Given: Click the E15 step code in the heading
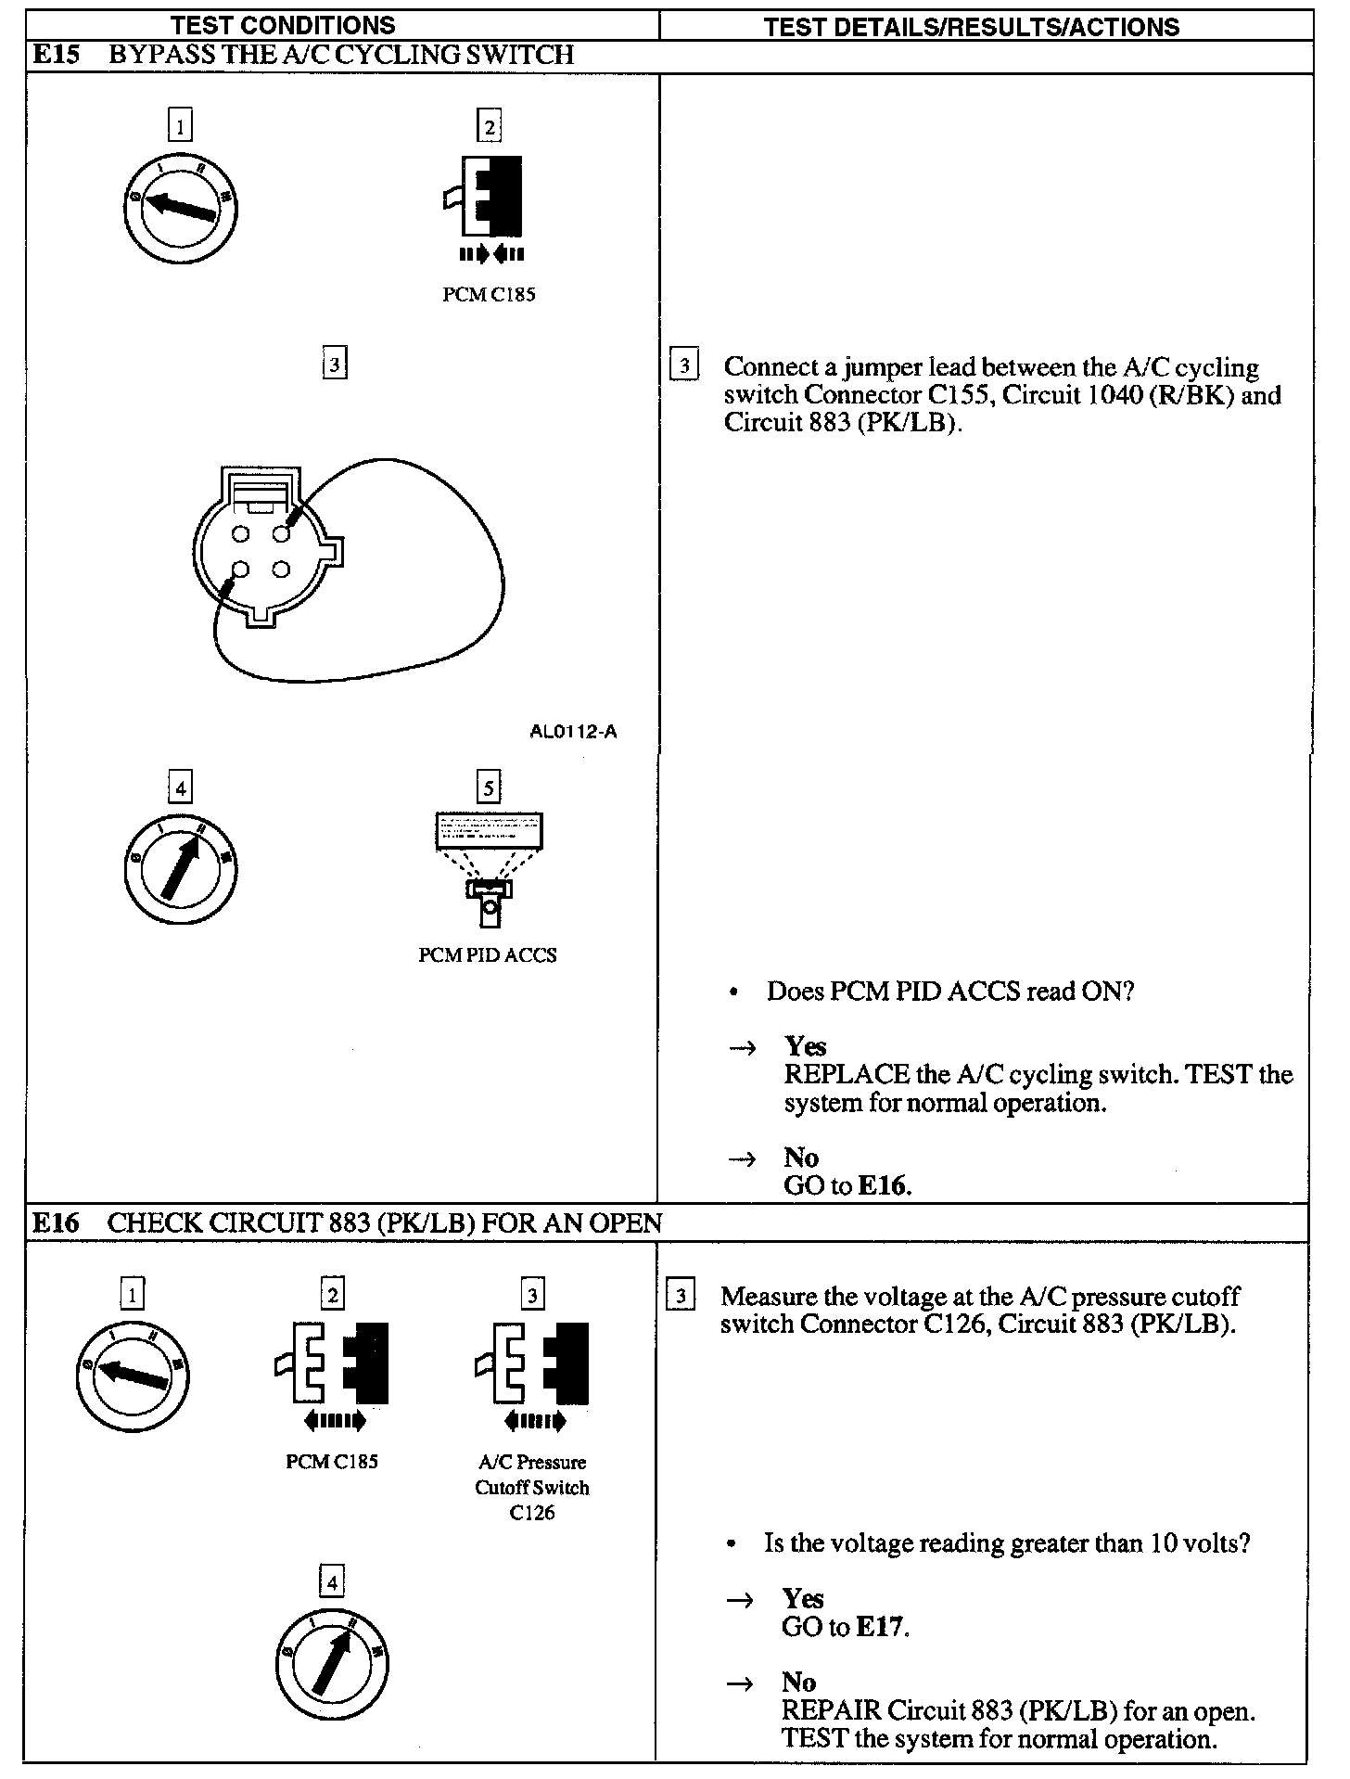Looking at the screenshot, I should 57,55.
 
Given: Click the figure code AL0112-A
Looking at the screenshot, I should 573,732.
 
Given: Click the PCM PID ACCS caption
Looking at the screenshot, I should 488,955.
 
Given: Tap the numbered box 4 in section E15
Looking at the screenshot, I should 180,788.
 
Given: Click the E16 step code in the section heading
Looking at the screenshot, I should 56,1223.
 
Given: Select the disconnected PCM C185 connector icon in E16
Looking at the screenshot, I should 332,1363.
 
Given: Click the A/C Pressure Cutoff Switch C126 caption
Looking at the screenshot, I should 532,1487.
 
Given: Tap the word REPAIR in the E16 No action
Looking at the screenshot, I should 830,1710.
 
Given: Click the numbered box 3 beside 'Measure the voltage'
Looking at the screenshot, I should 681,1296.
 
